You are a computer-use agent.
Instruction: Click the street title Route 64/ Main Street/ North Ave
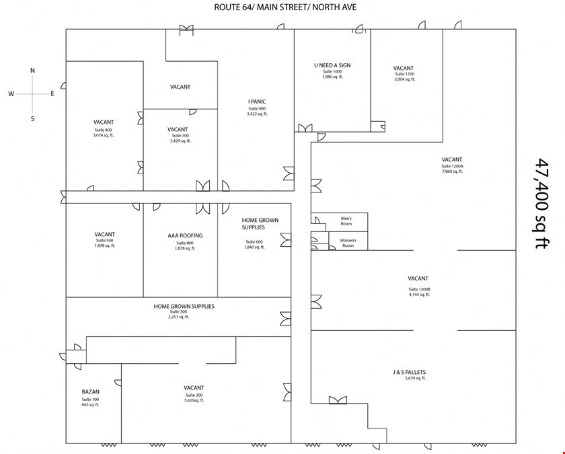pos(285,7)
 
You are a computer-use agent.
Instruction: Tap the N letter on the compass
pos(32,70)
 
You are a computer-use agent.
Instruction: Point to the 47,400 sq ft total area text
pos(541,204)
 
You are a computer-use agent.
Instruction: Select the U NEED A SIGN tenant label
pos(332,65)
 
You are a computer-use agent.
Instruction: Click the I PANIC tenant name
pos(257,102)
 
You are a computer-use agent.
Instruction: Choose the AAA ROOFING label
pos(185,235)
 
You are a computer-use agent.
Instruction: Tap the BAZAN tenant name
pos(90,391)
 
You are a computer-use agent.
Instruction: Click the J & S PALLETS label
pos(410,372)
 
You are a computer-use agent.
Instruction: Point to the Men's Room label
pos(346,221)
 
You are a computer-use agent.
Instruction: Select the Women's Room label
pos(348,243)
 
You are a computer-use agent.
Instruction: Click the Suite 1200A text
pos(452,166)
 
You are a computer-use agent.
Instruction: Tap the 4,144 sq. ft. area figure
pos(420,295)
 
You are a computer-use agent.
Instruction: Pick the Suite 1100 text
pos(405,74)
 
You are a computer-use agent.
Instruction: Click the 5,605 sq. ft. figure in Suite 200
pos(194,400)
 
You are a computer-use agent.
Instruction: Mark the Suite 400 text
pos(104,130)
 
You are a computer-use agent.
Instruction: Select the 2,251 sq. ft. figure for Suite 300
pos(179,317)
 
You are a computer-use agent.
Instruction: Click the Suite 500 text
pos(104,240)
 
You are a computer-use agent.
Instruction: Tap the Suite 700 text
pos(180,135)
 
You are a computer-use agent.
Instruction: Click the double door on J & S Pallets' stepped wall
pos(338,400)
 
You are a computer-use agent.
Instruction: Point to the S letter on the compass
pos(33,118)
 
